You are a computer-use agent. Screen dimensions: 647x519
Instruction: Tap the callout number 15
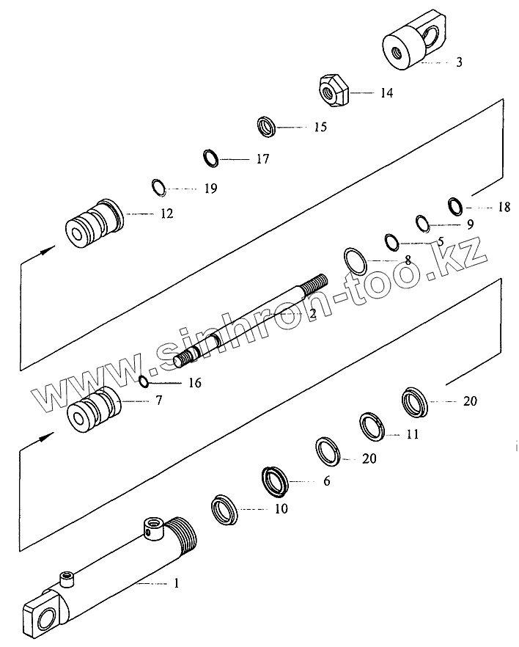(x=320, y=127)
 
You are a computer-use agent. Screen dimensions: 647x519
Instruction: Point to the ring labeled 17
(x=211, y=157)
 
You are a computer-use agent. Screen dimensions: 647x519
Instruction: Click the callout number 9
(x=469, y=223)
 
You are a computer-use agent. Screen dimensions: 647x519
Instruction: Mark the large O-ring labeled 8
(x=356, y=260)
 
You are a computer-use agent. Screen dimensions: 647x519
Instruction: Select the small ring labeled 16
(x=145, y=380)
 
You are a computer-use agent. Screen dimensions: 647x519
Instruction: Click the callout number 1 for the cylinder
(x=176, y=584)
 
